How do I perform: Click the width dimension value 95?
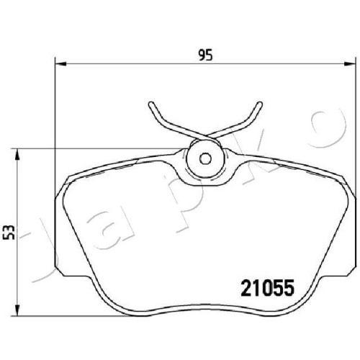pos(205,55)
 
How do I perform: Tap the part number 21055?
pos(268,288)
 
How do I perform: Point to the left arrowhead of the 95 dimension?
pos(60,64)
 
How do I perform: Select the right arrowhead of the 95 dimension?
pos(349,64)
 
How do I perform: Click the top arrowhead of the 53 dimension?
pos(17,154)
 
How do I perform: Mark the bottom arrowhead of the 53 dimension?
pos(17,310)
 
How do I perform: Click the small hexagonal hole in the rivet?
pos(205,158)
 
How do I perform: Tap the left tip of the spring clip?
pos(151,104)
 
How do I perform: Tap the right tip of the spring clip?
pos(260,104)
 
